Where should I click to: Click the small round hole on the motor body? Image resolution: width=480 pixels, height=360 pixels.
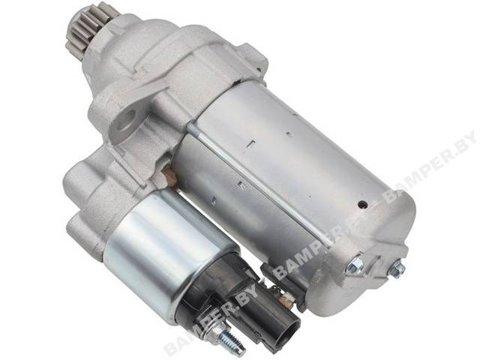[363, 205]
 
